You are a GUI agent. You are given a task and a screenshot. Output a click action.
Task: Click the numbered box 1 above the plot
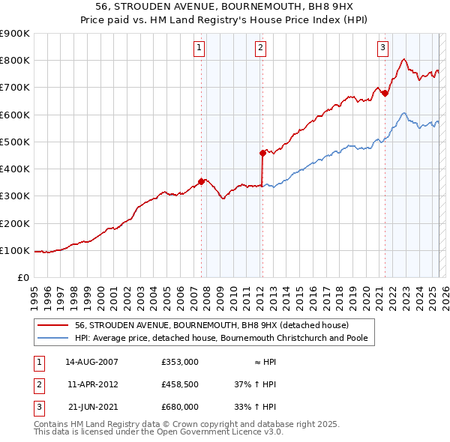coord(199,48)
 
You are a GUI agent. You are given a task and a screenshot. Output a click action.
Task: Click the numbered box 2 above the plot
coord(260,48)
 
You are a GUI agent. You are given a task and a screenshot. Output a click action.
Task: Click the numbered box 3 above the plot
coord(382,48)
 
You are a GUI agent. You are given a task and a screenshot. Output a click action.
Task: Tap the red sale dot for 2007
coord(201,181)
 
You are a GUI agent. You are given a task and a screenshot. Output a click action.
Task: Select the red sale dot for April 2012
coord(262,153)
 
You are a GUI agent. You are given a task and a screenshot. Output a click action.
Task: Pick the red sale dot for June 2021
coord(385,93)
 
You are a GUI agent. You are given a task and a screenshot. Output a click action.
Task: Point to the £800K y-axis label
coord(14,61)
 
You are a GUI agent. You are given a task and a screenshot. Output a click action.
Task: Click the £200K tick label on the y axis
coord(14,223)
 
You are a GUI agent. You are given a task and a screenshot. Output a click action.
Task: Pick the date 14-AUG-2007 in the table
coord(91,362)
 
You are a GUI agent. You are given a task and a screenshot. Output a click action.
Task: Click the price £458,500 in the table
coord(180,384)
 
